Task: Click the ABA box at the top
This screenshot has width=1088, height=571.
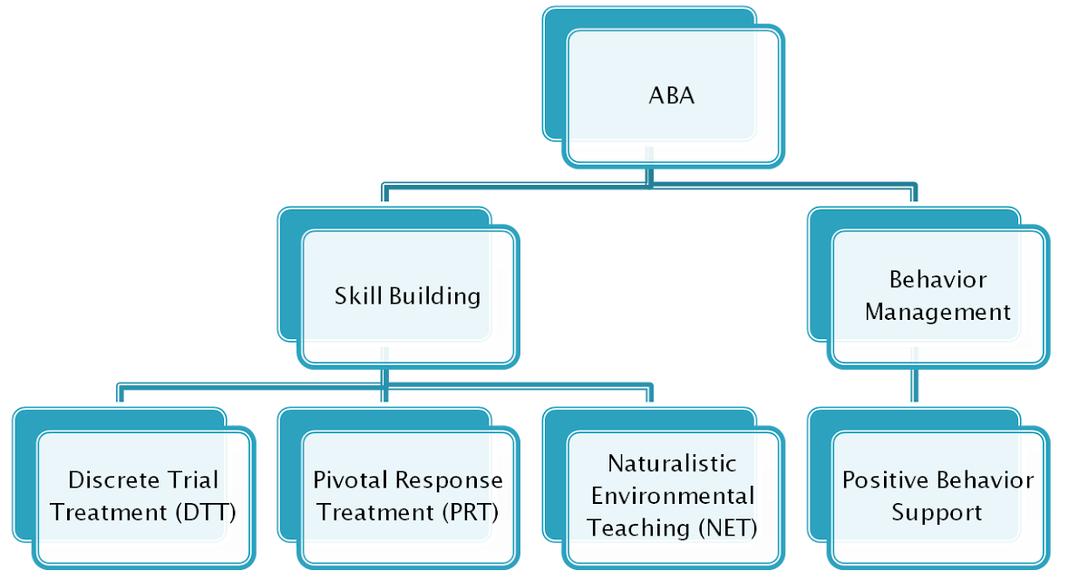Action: (672, 95)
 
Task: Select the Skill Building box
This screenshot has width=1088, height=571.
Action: (408, 296)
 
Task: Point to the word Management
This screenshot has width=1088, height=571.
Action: (937, 313)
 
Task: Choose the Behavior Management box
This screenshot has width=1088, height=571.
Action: (938, 295)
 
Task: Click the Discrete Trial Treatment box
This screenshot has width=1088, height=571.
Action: (143, 496)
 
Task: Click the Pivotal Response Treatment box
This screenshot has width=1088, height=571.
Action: (408, 496)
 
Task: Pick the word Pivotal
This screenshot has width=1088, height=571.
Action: (349, 479)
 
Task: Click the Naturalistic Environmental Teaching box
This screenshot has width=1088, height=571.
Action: (672, 496)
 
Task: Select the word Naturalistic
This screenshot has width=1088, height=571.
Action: (672, 463)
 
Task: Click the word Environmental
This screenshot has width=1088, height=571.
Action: (672, 496)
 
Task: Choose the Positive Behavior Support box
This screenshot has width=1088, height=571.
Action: (937, 496)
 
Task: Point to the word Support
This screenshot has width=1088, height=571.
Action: (937, 513)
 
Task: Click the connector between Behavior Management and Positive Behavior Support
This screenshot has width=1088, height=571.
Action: (911, 388)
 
